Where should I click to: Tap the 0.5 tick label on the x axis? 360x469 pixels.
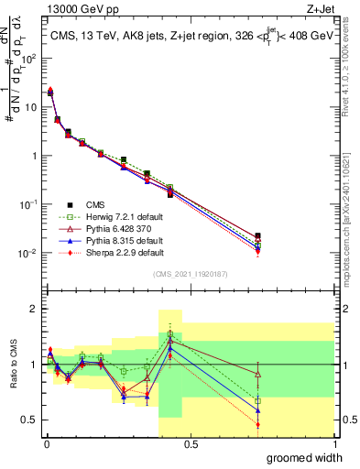(190, 444)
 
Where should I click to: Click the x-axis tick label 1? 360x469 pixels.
(333, 444)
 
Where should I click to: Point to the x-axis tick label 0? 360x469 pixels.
(47, 444)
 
